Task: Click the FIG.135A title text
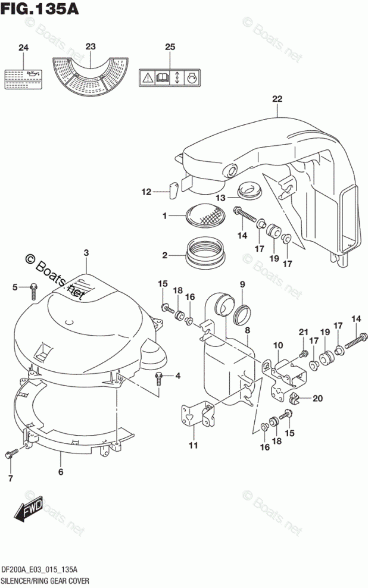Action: point(40,10)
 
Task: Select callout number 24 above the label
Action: point(23,48)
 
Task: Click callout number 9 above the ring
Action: point(242,284)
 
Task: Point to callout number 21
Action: point(302,331)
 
